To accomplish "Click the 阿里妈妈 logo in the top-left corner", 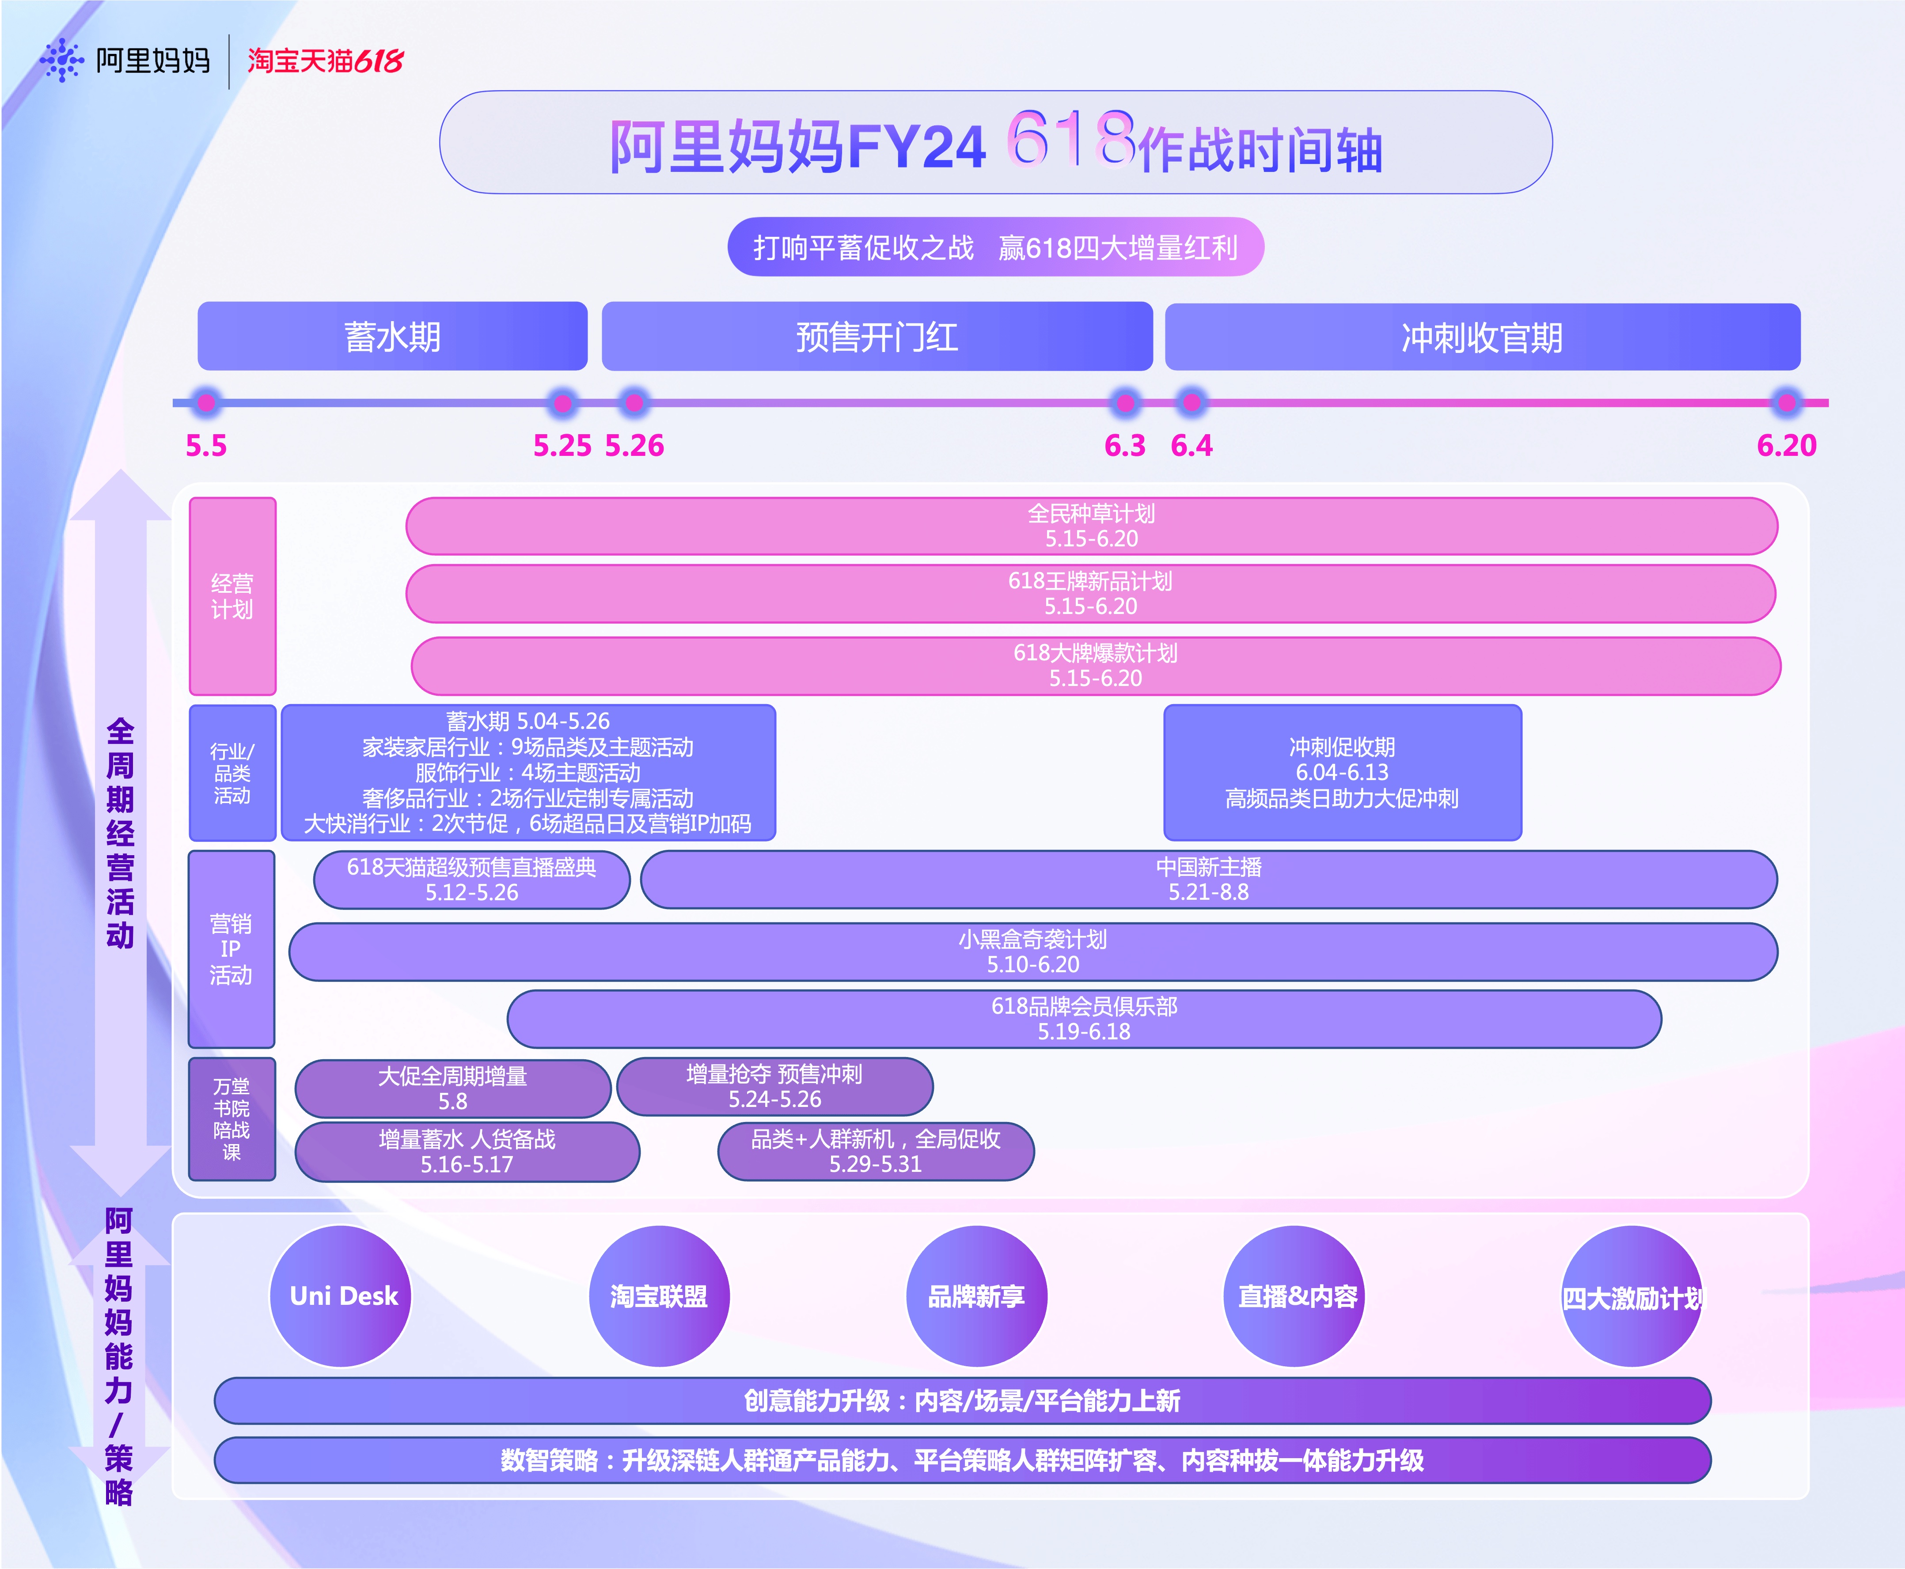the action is click(125, 61).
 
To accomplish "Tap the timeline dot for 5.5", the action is click(206, 402).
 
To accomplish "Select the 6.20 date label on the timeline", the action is click(1786, 446).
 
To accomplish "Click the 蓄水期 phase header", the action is click(392, 336).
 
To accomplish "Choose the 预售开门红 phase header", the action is click(877, 336).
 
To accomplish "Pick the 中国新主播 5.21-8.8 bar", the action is click(1208, 879).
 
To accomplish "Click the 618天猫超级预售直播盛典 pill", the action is click(472, 879).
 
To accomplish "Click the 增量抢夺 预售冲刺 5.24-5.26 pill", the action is click(774, 1086).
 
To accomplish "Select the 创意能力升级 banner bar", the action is click(961, 1400).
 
